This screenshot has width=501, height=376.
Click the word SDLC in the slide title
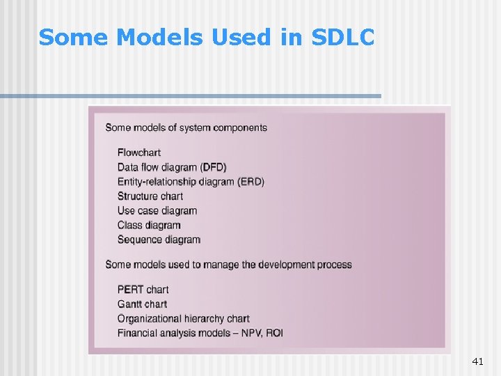pyautogui.click(x=343, y=38)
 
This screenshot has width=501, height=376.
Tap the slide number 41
pyautogui.click(x=477, y=361)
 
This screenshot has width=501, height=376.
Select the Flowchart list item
pyautogui.click(x=139, y=152)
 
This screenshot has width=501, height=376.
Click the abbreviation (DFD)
pyautogui.click(x=213, y=167)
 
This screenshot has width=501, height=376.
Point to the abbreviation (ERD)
pyautogui.click(x=250, y=182)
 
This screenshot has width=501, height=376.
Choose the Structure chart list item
pyautogui.click(x=150, y=196)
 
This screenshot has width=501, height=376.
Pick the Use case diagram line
pyautogui.click(x=157, y=211)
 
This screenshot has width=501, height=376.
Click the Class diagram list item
pyautogui.click(x=149, y=226)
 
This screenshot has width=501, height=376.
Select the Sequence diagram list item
pyautogui.click(x=159, y=240)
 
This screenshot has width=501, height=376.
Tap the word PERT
pyautogui.click(x=130, y=290)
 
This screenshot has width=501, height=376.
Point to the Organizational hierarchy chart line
pyautogui.click(x=184, y=319)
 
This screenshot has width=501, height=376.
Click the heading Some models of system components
pyautogui.click(x=186, y=127)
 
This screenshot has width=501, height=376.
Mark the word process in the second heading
pyautogui.click(x=334, y=265)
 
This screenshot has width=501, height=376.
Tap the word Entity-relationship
pyautogui.click(x=157, y=182)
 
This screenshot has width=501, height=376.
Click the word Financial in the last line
pyautogui.click(x=138, y=334)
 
